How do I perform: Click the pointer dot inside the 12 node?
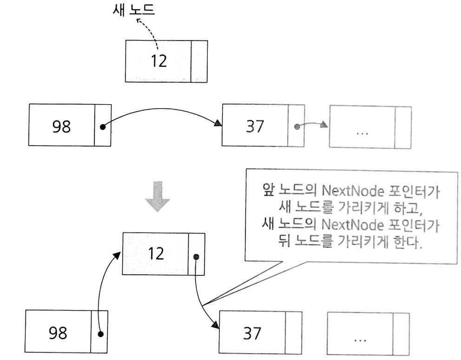click(196, 256)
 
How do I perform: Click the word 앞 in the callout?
click(266, 190)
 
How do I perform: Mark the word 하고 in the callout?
click(416, 208)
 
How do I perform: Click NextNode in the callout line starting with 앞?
click(341, 190)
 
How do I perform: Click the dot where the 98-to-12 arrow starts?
click(100, 334)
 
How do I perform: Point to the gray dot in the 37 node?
click(296, 126)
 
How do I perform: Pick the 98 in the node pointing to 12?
click(58, 333)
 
